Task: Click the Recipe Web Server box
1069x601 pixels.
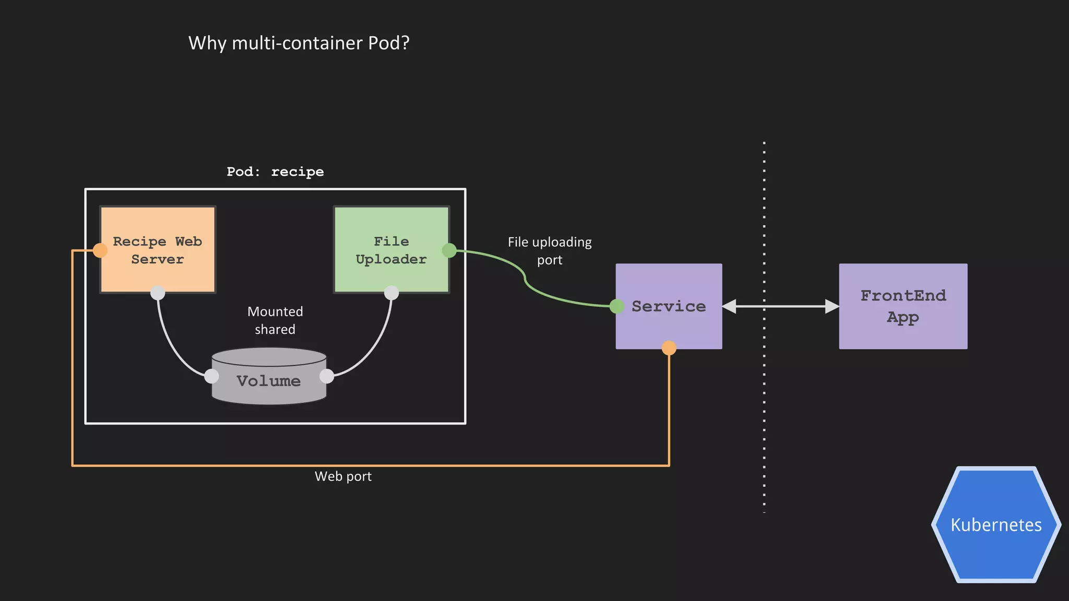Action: (x=158, y=249)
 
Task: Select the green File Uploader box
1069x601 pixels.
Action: (x=391, y=249)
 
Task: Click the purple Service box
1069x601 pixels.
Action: (x=669, y=306)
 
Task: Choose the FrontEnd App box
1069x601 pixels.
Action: (x=903, y=306)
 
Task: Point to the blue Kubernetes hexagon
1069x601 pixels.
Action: (x=996, y=524)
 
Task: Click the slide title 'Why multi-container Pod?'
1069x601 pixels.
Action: (x=299, y=43)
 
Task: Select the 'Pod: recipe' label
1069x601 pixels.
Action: (x=275, y=172)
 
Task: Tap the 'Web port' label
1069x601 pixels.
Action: (x=343, y=476)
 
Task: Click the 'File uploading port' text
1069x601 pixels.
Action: (x=550, y=251)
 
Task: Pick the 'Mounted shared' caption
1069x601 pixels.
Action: (x=275, y=320)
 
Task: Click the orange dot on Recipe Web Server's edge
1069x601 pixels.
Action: (x=100, y=250)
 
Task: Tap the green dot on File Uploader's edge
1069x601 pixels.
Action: (x=449, y=250)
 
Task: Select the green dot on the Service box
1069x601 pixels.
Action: (x=617, y=306)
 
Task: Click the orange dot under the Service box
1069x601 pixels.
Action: (x=669, y=348)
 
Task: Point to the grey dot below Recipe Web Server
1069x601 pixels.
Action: (x=158, y=293)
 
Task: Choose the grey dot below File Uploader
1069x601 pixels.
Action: (x=391, y=293)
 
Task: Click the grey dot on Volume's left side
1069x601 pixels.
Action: (x=211, y=376)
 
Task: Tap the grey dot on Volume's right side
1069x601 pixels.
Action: (x=327, y=376)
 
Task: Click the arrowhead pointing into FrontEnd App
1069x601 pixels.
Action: (x=832, y=306)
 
